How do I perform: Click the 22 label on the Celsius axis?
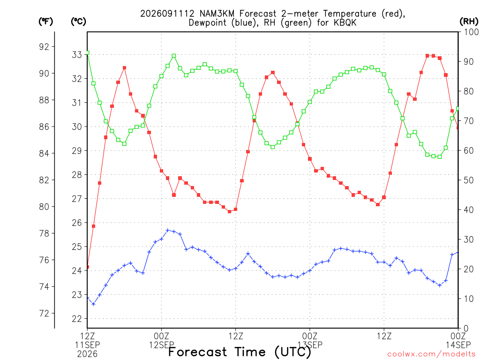77,319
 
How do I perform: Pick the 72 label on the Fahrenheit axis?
44,314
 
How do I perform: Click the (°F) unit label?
45,22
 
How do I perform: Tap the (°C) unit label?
78,22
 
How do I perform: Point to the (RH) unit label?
469,22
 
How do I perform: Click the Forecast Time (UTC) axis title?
240,352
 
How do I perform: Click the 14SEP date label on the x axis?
458,345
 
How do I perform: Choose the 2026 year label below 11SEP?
87,354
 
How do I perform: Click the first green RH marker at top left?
88,53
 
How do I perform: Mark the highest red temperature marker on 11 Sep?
124,68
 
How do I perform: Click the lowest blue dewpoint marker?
93,304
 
